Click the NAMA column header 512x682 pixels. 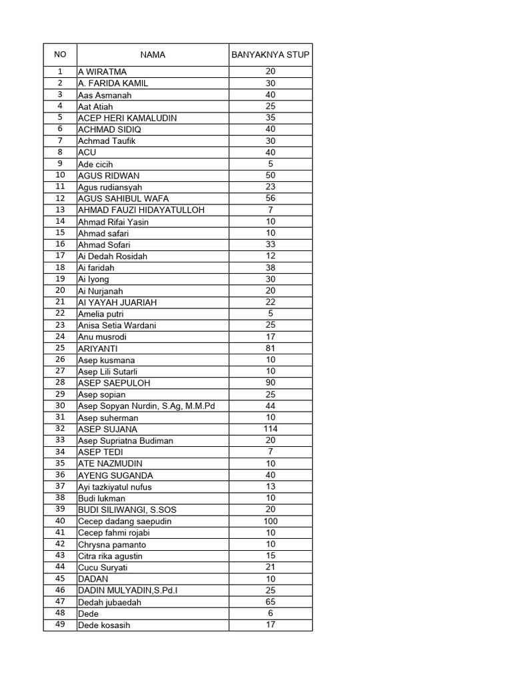pos(153,55)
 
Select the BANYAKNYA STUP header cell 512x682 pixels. pos(270,55)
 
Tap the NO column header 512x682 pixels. pos(60,55)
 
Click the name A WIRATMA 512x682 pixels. pos(102,71)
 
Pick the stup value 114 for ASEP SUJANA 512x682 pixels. pos(270,428)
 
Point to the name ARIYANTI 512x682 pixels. pos(97,348)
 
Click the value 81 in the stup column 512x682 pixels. pos(270,348)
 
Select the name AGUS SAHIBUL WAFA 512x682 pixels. pos(123,198)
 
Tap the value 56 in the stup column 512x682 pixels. pos(270,198)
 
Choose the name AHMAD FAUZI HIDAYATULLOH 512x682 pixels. pos(141,210)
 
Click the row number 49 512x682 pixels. pos(60,625)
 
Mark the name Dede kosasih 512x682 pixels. pos(104,625)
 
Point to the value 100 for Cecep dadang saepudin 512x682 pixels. pos(270,521)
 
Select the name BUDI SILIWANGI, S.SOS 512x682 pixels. pos(127,510)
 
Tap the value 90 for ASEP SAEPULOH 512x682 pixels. pos(270,382)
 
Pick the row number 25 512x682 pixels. pos(60,348)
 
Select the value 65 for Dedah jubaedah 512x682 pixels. pos(270,602)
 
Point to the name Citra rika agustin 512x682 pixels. pos(110,555)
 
